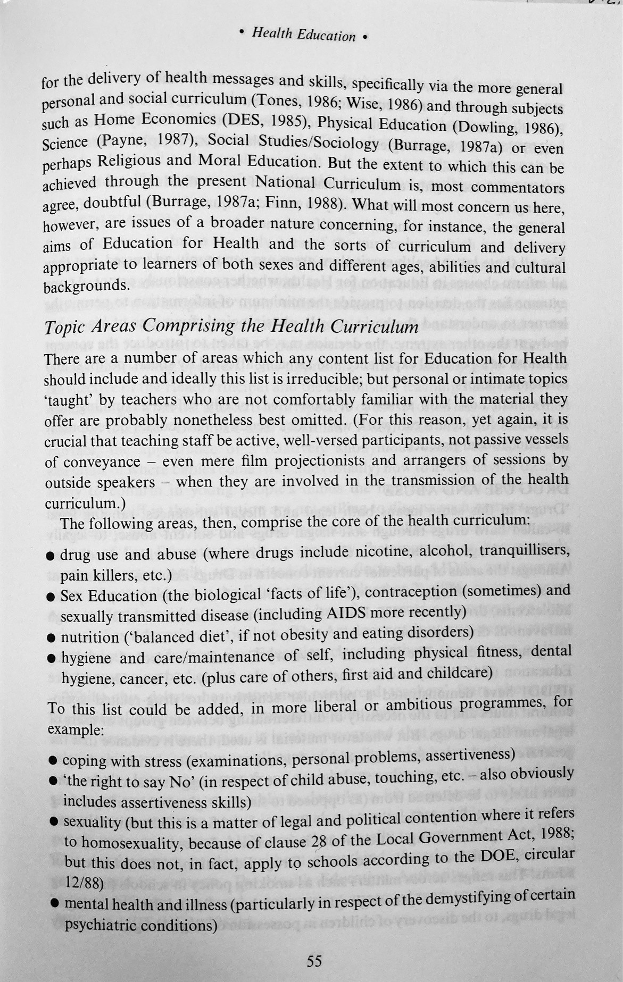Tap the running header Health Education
(303, 35)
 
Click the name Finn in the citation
(280, 203)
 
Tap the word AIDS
(346, 614)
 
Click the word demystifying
(470, 898)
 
